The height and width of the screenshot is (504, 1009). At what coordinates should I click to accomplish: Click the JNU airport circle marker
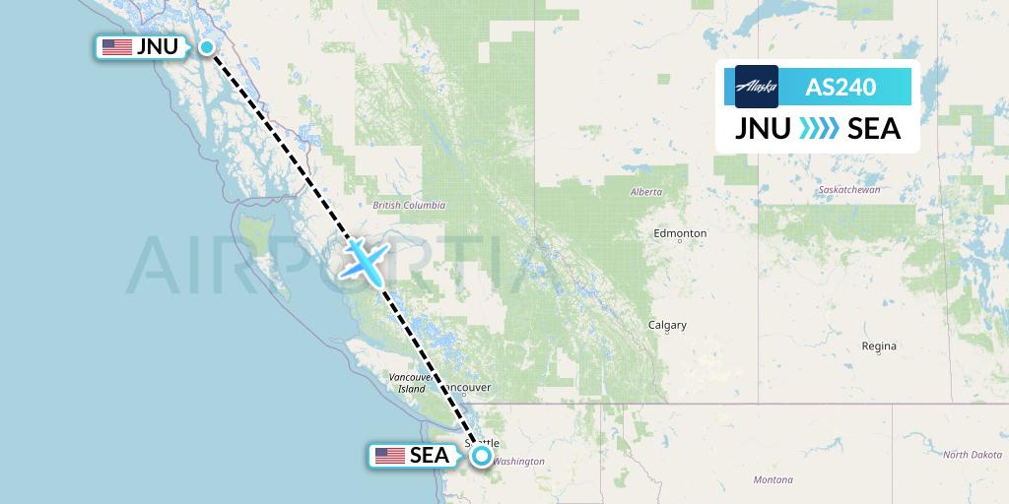coord(208,47)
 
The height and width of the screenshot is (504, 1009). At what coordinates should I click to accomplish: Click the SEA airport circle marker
coord(481,456)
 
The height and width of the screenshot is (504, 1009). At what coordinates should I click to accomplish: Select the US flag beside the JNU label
coord(116,47)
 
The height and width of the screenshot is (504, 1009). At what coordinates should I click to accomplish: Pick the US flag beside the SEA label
coord(390,456)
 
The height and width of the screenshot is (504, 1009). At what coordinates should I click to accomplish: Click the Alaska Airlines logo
coord(757,87)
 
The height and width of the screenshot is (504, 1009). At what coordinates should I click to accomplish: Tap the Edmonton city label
coord(680,233)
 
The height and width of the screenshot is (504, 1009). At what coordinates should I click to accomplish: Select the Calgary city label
coord(667,325)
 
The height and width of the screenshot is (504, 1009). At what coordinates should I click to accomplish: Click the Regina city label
coord(878,346)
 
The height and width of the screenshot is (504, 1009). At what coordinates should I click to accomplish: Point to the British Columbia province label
coord(409,206)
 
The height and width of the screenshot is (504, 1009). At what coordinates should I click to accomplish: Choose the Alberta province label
coord(646,192)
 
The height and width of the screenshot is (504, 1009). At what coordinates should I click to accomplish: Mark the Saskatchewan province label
coord(848,189)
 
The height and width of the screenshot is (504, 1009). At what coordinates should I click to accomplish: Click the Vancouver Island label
coord(406,383)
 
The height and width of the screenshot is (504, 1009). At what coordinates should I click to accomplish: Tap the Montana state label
coord(774,479)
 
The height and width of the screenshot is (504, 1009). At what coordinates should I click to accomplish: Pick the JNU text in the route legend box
coord(762,129)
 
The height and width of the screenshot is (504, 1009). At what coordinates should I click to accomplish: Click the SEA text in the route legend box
coord(873,129)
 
